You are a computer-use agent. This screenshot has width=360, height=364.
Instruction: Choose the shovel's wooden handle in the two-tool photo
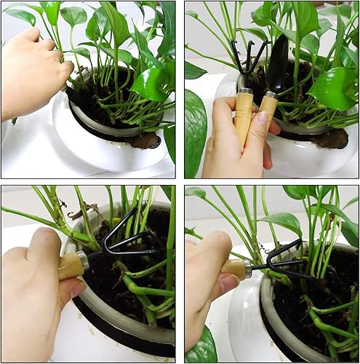pyautogui.click(x=267, y=107)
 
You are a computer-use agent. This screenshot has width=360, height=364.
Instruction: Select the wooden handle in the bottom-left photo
pyautogui.click(x=70, y=266)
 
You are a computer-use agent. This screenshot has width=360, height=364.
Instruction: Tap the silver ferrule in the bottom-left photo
pyautogui.click(x=84, y=258)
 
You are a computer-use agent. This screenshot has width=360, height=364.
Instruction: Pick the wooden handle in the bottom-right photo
pyautogui.click(x=235, y=269)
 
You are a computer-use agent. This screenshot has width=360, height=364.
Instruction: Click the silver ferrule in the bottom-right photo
pyautogui.click(x=247, y=270)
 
